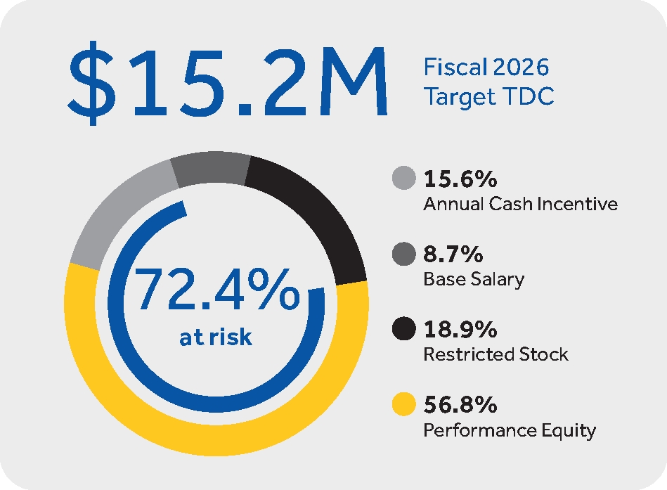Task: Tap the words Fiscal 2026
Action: point(486,68)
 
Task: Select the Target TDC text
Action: point(488,97)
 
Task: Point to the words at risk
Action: point(216,337)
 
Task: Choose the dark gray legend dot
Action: point(403,254)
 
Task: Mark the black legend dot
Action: point(403,329)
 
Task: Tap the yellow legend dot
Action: point(403,405)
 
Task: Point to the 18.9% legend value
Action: point(460,330)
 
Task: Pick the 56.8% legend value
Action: point(461,405)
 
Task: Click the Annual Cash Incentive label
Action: point(520,205)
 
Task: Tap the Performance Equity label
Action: point(509,430)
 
